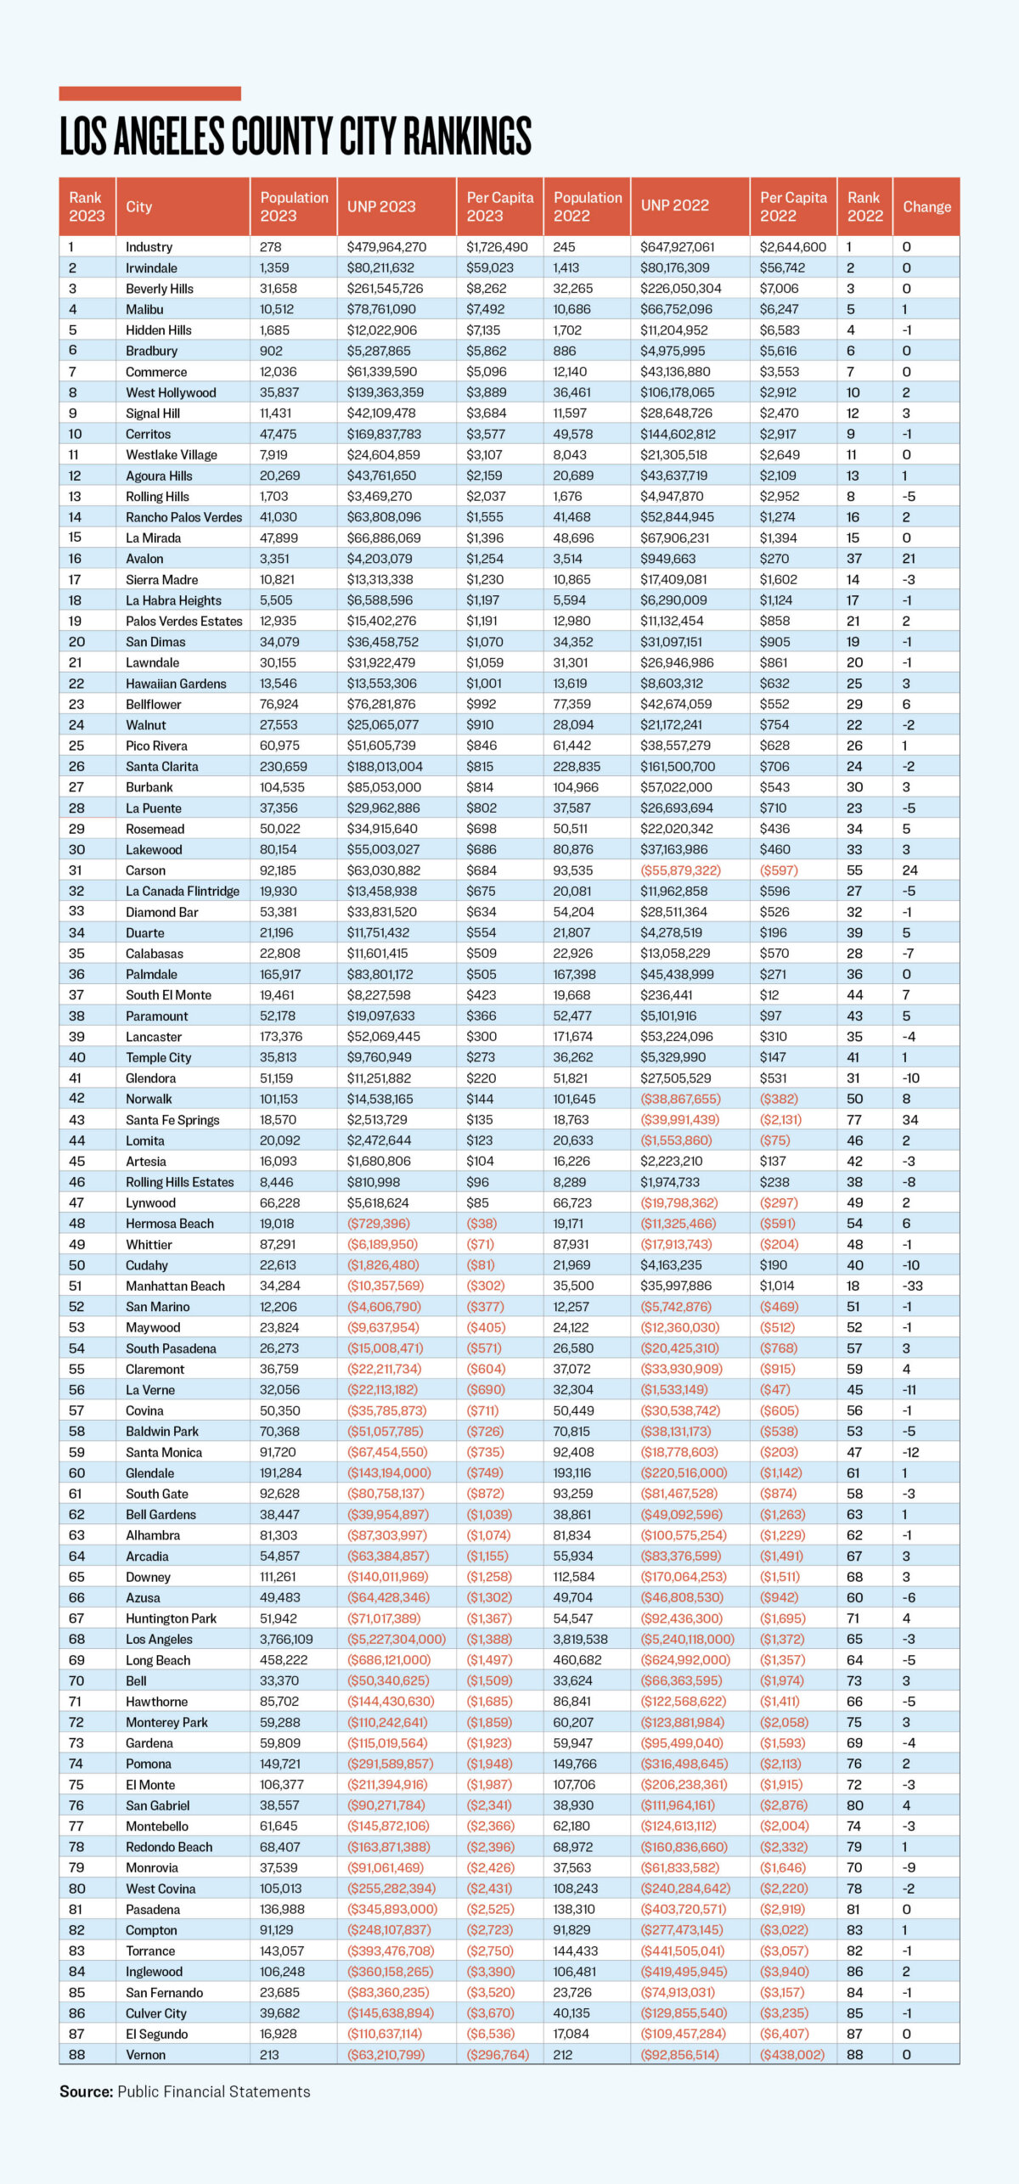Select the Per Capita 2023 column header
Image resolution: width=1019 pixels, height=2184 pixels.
pyautogui.click(x=499, y=206)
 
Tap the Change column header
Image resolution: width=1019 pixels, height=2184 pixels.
pyautogui.click(x=926, y=206)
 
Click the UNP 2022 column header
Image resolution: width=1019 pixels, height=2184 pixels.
pyautogui.click(x=674, y=205)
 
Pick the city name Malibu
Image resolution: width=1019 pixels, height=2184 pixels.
pyautogui.click(x=144, y=310)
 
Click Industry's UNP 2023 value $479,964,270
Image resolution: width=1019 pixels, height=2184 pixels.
pyautogui.click(x=386, y=247)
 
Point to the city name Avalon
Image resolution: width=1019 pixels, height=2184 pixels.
pyautogui.click(x=144, y=559)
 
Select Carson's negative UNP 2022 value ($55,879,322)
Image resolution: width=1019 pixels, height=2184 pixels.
pyautogui.click(x=680, y=870)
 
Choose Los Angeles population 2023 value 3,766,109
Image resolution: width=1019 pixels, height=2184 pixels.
pyautogui.click(x=286, y=1639)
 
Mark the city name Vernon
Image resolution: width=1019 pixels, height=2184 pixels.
pyautogui.click(x=145, y=2054)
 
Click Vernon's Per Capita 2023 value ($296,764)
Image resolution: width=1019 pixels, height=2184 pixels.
pyautogui.click(x=498, y=2054)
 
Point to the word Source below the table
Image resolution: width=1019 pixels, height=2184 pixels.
pyautogui.click(x=86, y=2091)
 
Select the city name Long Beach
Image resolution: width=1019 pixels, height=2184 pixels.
pyautogui.click(x=158, y=1660)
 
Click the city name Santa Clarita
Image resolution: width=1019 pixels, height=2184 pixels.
pyautogui.click(x=161, y=767)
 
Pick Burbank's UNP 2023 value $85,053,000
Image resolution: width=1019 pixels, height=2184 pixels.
pyautogui.click(x=384, y=787)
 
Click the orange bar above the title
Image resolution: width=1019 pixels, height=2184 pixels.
pyautogui.click(x=149, y=93)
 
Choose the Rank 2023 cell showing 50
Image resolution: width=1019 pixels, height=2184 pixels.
pyautogui.click(x=76, y=1265)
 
